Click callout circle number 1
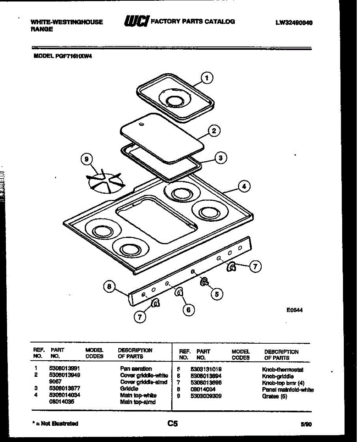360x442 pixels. pyautogui.click(x=207, y=78)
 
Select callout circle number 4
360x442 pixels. pyautogui.click(x=244, y=187)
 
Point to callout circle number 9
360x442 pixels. pyautogui.click(x=87, y=159)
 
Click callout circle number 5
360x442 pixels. pyautogui.click(x=217, y=294)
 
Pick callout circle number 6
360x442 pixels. pyautogui.click(x=188, y=310)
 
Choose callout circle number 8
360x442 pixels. pyautogui.click(x=109, y=287)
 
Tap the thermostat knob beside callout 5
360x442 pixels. pyautogui.click(x=204, y=282)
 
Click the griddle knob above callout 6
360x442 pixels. pyautogui.click(x=179, y=292)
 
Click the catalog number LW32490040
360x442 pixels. pyautogui.click(x=294, y=23)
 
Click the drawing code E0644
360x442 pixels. pyautogui.click(x=294, y=310)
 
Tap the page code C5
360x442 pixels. pyautogui.click(x=172, y=424)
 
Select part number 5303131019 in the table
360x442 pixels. pyautogui.click(x=206, y=369)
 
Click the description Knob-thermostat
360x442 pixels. pyautogui.click(x=283, y=369)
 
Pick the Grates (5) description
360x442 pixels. pyautogui.click(x=274, y=396)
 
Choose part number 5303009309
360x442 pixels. pyautogui.click(x=206, y=396)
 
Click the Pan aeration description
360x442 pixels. pyautogui.click(x=136, y=368)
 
